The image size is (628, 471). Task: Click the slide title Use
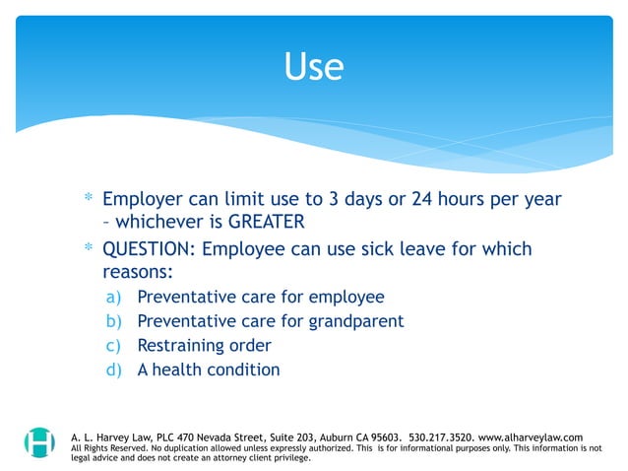[313, 66]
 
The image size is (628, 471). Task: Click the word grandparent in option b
[352, 321]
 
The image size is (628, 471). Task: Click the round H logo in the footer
[39, 441]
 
